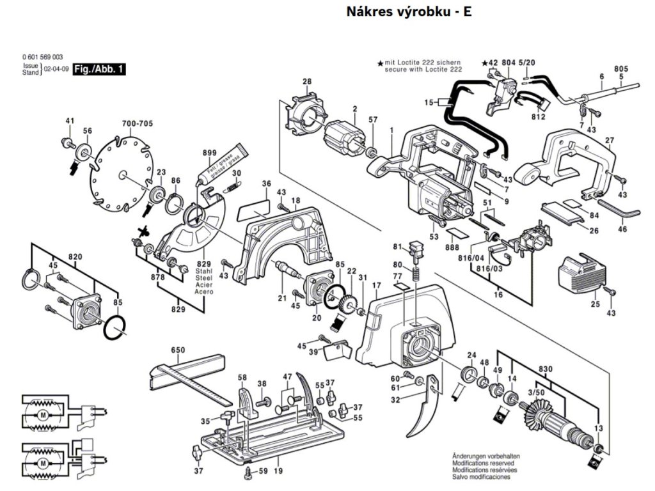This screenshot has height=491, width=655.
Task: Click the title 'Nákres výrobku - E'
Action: (409, 12)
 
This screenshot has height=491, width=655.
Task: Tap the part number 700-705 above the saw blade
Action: (137, 124)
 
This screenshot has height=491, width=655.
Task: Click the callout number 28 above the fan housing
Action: (307, 81)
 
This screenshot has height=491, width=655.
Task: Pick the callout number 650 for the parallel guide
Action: (178, 350)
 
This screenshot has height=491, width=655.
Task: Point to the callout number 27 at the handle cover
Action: (610, 141)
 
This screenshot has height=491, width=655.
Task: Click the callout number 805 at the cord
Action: (620, 68)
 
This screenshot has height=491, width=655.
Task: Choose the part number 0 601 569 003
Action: (42, 58)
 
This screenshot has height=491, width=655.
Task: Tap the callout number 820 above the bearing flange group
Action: (75, 256)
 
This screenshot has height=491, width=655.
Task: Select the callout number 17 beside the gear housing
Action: (377, 285)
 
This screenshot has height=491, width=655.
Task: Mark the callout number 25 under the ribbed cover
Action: (595, 304)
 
